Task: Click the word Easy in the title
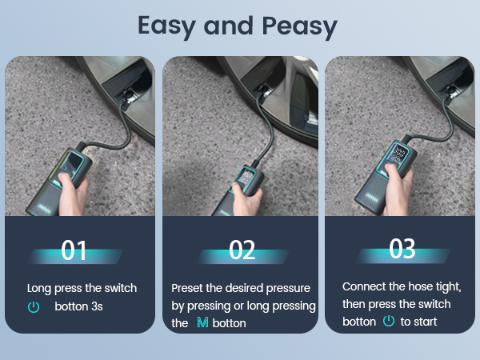pyautogui.click(x=166, y=26)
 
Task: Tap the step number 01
pyautogui.click(x=75, y=250)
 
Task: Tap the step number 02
pyautogui.click(x=242, y=250)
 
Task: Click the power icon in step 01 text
pyautogui.click(x=34, y=306)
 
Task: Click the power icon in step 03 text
pyautogui.click(x=388, y=321)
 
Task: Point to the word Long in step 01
pyautogui.click(x=40, y=288)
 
